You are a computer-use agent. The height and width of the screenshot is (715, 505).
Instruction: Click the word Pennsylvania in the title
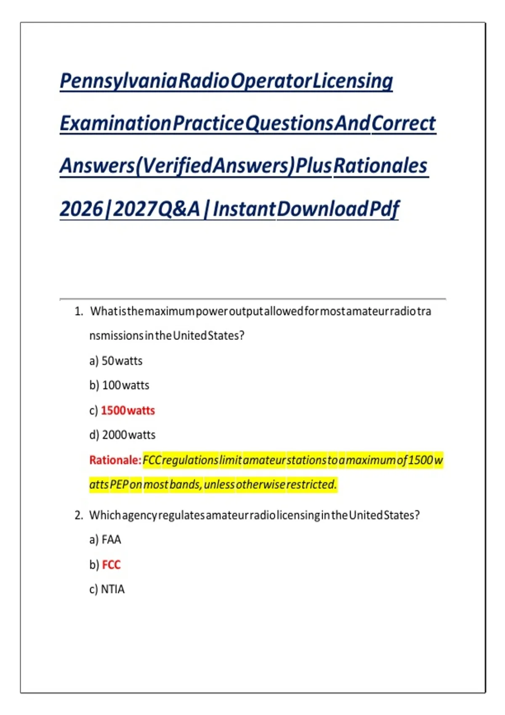[x=118, y=81]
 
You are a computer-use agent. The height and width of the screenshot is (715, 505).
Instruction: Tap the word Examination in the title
[x=116, y=123]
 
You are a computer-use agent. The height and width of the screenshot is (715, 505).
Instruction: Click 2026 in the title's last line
[x=82, y=209]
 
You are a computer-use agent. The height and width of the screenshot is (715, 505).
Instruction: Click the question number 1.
[x=79, y=311]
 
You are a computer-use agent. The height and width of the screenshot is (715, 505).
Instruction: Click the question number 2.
[x=79, y=515]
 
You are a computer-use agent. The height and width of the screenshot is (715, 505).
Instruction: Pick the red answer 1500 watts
[x=128, y=410]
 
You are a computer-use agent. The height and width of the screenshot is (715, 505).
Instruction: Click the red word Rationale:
[x=115, y=460]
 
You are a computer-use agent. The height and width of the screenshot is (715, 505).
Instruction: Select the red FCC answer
[x=111, y=565]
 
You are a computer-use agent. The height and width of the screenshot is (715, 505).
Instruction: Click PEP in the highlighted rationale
[x=119, y=485]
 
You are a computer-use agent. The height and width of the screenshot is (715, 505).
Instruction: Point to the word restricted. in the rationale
[x=312, y=485]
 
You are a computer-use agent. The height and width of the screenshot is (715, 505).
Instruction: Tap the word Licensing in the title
[x=352, y=82]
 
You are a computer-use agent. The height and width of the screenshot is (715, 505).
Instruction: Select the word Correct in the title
[x=404, y=123]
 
